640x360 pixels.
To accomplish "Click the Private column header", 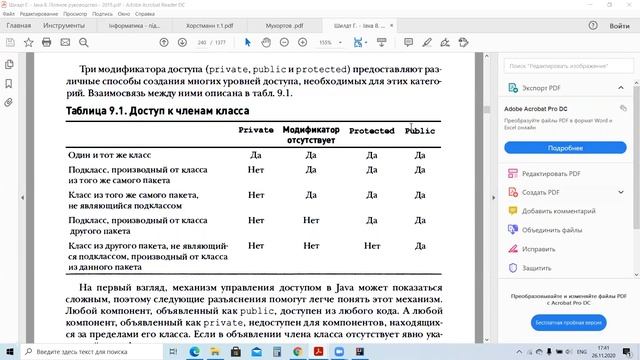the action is (256, 131).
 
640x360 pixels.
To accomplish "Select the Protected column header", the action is (371, 131).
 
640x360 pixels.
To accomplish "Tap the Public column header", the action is (420, 131).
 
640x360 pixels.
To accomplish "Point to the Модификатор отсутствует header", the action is (311, 135).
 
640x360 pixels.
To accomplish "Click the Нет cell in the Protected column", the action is (372, 245).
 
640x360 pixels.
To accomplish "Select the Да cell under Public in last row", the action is (420, 245).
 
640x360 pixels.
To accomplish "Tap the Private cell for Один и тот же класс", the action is (256, 155).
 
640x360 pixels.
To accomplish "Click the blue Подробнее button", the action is (565, 147).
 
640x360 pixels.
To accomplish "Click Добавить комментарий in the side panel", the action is (565, 211).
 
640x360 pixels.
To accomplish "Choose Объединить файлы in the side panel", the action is (560, 229).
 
